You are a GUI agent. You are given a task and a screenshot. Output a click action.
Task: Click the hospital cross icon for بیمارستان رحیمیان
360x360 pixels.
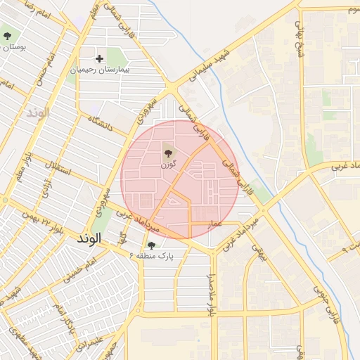(100, 58)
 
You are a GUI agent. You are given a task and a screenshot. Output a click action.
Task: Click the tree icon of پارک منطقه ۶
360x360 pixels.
(151, 245)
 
